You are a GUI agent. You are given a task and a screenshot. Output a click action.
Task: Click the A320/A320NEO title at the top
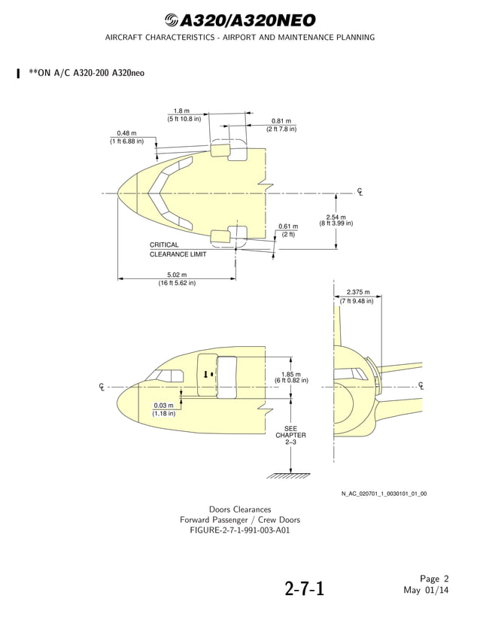tap(240, 20)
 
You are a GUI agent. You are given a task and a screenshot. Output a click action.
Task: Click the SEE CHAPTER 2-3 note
tap(290, 435)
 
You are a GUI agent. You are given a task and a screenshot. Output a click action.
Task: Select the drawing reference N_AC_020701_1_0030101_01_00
tap(384, 494)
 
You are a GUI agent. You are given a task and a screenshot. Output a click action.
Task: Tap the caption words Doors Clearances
tap(240, 509)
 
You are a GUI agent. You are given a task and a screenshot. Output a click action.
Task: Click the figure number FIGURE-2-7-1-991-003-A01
tap(240, 530)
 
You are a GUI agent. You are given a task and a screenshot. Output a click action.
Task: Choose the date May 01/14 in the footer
tap(426, 590)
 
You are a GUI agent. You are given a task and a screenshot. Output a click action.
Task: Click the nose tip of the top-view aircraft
tap(119, 193)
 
